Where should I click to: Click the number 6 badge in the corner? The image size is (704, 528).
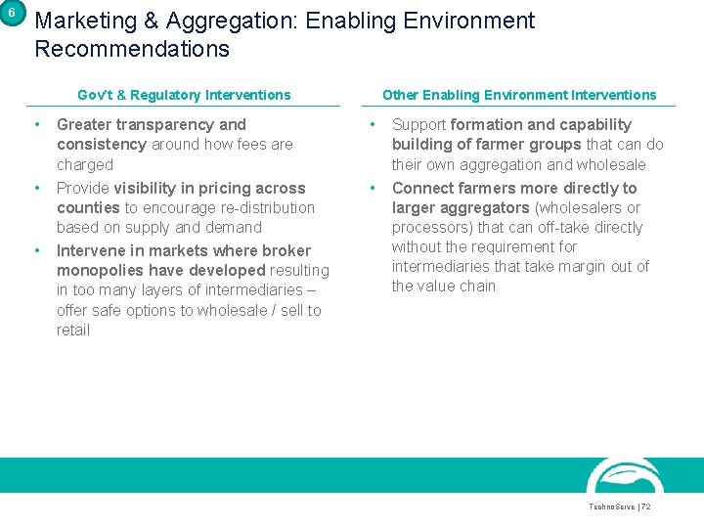click(x=12, y=13)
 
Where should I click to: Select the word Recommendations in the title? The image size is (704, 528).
click(x=132, y=49)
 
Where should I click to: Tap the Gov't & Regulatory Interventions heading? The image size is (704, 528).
click(x=184, y=95)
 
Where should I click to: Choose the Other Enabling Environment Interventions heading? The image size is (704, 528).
click(x=519, y=95)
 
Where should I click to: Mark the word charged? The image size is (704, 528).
click(x=85, y=164)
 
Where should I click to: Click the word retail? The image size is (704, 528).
click(x=73, y=330)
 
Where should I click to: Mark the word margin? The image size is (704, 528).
click(x=588, y=266)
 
